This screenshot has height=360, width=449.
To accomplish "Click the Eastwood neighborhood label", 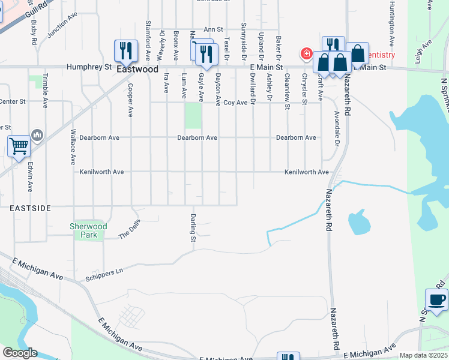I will [137, 69].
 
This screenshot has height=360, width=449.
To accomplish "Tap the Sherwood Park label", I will [89, 230].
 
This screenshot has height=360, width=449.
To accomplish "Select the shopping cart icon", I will [19, 146].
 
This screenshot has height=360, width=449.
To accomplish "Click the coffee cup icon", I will [436, 299].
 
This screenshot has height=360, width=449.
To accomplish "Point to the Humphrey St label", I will [89, 67].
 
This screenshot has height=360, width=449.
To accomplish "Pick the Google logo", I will [20, 353].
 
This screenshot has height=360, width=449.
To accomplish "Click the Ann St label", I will [213, 29].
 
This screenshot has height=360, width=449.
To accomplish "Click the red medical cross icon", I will [307, 55].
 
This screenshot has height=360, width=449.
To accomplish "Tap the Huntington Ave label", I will [391, 31].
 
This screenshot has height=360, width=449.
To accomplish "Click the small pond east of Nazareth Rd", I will [358, 223].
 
